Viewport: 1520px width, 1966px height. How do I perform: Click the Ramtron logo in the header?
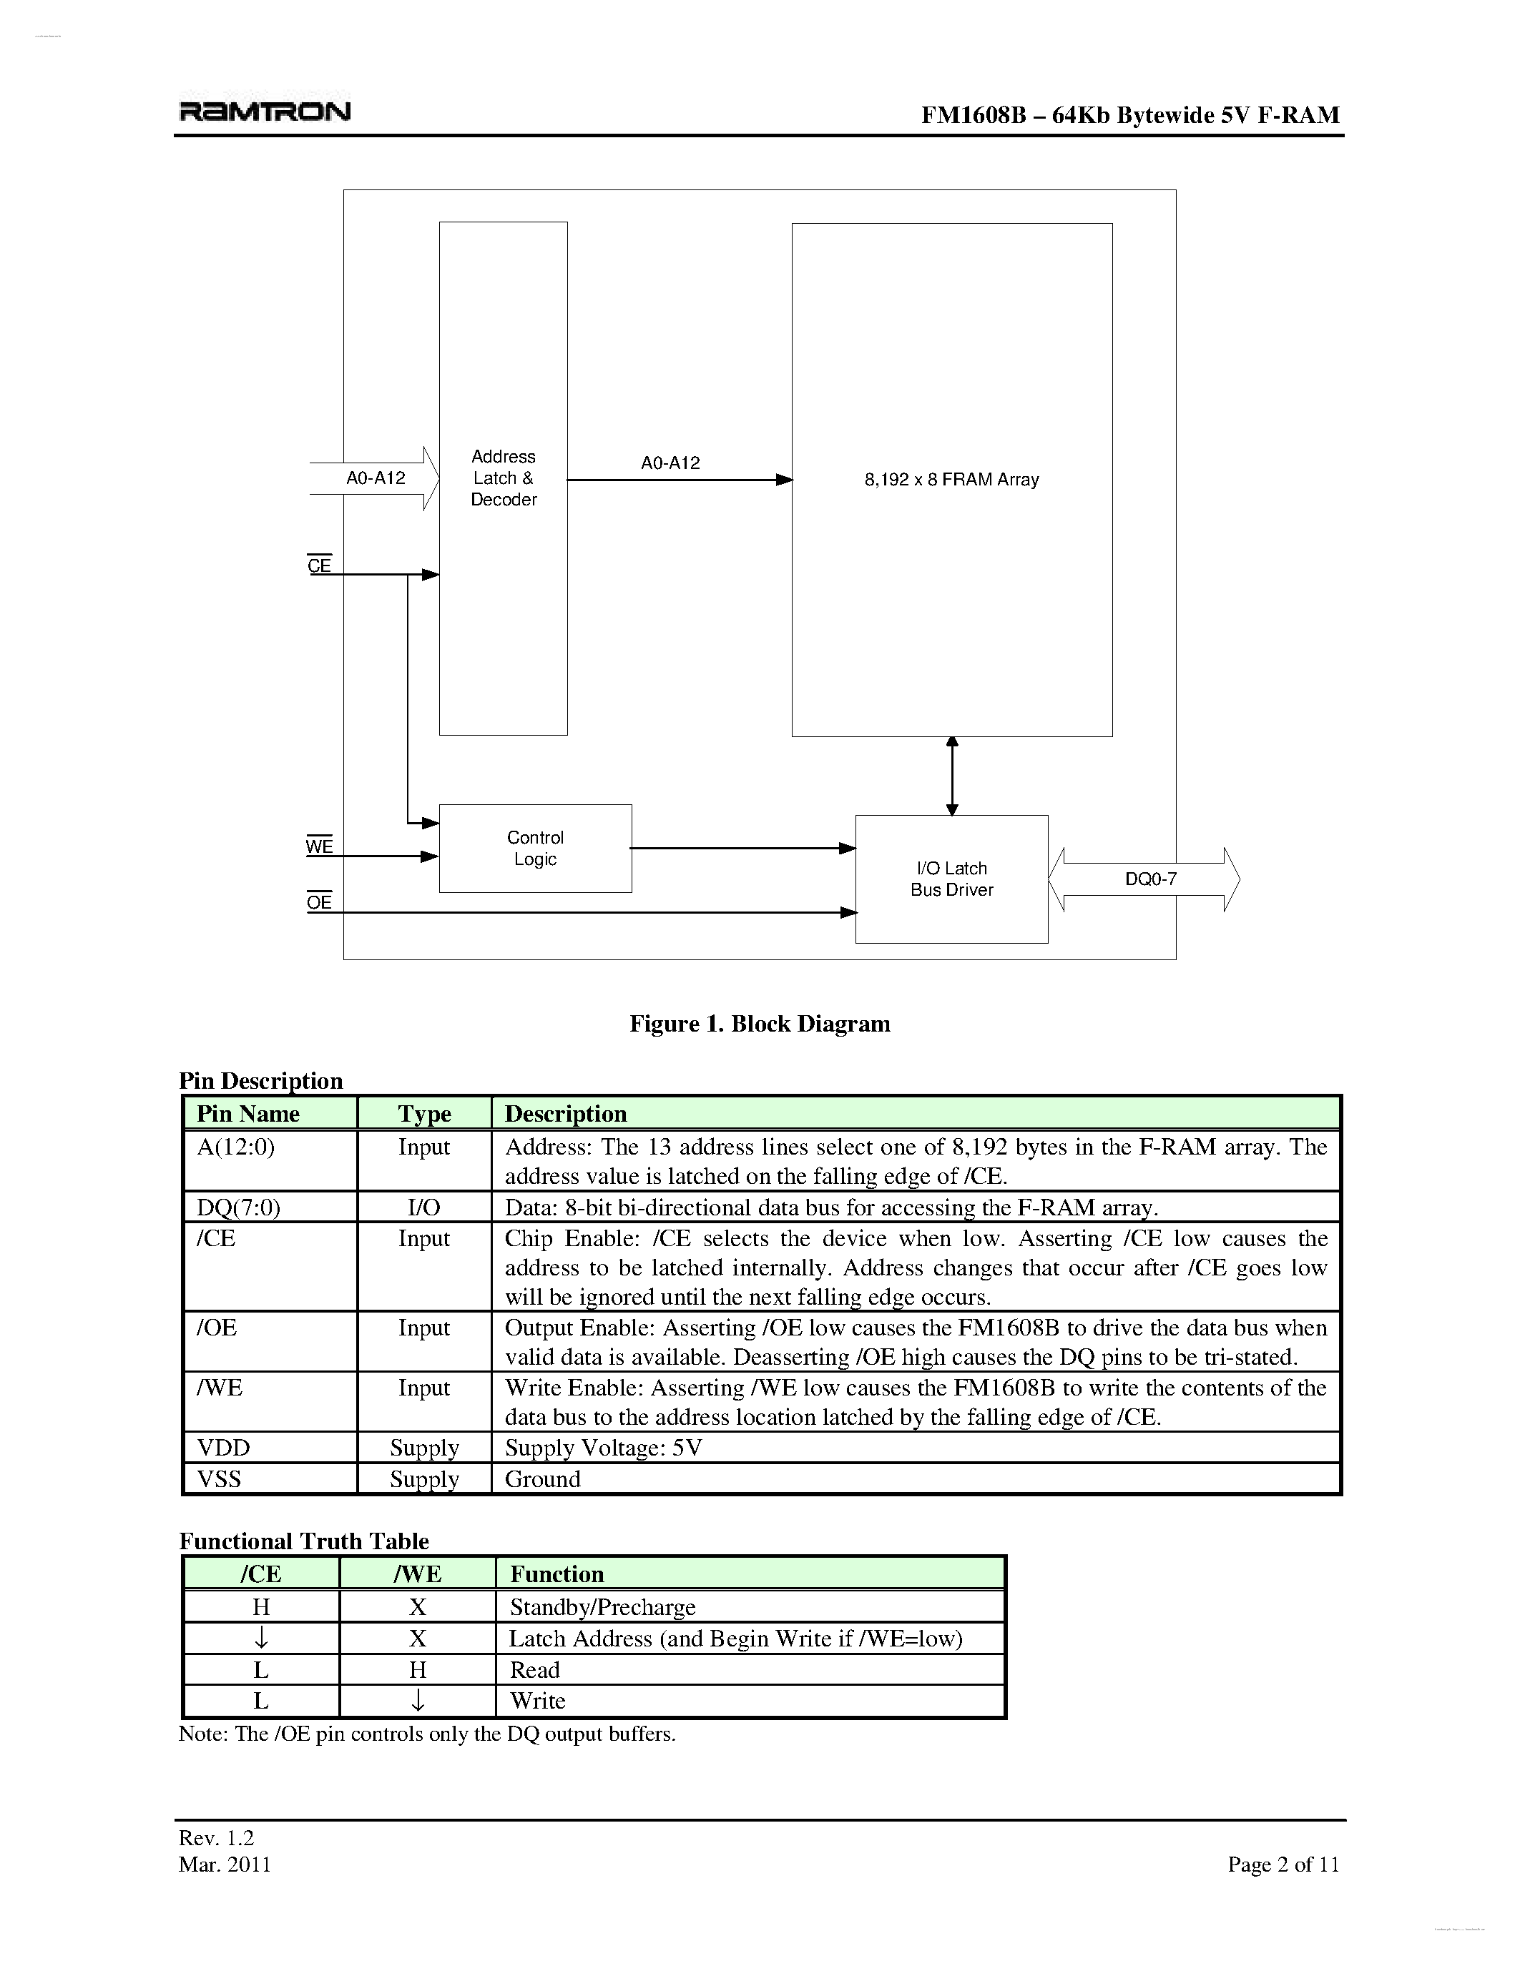tap(265, 112)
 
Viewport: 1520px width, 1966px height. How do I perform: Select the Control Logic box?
tap(535, 848)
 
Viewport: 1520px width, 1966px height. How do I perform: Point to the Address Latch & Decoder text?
tap(504, 478)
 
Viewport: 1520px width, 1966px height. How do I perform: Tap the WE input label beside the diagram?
tap(319, 846)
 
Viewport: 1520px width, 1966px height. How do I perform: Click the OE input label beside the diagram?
tap(319, 902)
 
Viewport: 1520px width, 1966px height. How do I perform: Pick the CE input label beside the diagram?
tap(319, 565)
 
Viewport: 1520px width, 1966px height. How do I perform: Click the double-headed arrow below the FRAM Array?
tap(952, 776)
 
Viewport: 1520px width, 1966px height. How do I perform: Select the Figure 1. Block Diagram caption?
tap(759, 1024)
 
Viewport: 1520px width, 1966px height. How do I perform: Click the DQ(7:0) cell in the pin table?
tap(239, 1207)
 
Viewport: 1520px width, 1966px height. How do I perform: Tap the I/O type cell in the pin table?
tap(423, 1207)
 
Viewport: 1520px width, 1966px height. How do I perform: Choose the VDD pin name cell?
tap(223, 1448)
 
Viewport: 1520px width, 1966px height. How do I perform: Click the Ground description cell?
tap(543, 1479)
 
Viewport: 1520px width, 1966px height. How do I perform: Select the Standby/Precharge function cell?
tap(602, 1607)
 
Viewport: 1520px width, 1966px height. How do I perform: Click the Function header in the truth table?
tap(556, 1574)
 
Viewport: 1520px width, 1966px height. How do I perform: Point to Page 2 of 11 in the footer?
tap(1283, 1864)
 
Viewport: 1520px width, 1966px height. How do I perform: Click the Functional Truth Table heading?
tap(303, 1541)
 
